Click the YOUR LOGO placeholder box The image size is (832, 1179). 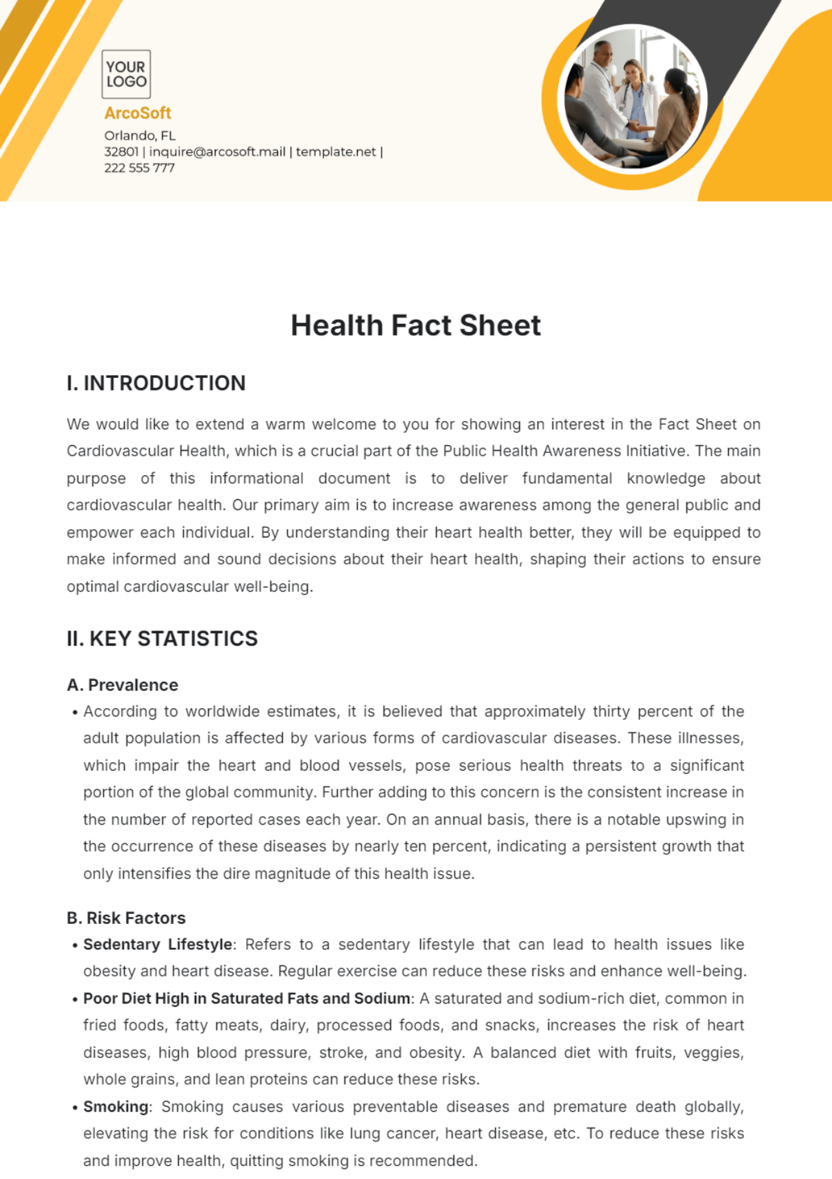tap(126, 74)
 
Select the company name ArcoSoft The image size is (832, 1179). tap(137, 113)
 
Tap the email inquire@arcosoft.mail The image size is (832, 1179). tap(217, 152)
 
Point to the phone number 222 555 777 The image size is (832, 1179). tap(139, 168)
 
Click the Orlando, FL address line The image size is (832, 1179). tap(140, 135)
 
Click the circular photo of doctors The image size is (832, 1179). tap(632, 98)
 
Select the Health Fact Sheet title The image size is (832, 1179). tap(415, 325)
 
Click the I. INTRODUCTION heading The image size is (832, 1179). tap(156, 383)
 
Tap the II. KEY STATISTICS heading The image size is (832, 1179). tap(162, 639)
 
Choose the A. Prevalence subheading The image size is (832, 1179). tap(123, 685)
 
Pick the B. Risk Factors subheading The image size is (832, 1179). tap(126, 918)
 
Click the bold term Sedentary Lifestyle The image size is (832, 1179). tap(157, 945)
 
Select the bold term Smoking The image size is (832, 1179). tap(116, 1107)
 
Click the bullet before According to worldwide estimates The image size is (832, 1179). tap(74, 712)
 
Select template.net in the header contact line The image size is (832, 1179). tap(336, 152)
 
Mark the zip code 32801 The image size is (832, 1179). tap(121, 152)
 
